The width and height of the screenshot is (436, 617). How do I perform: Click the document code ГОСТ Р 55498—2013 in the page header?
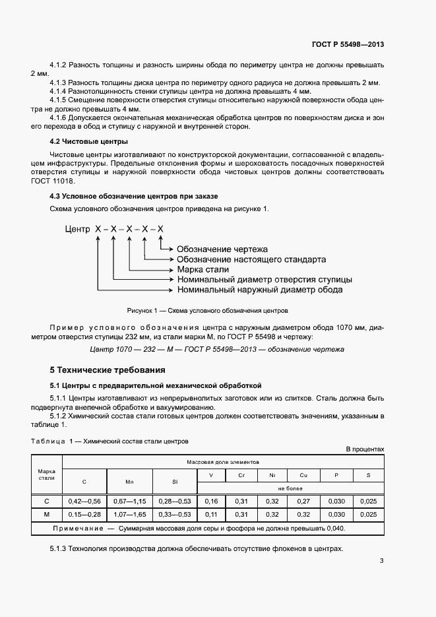tap(348, 45)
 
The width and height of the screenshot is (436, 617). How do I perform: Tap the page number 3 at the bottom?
tap(381, 562)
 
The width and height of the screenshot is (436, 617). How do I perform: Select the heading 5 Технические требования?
tap(108, 370)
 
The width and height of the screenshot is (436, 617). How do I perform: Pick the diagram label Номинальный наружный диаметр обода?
tap(260, 290)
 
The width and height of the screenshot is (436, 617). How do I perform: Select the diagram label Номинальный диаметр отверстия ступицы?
tap(264, 280)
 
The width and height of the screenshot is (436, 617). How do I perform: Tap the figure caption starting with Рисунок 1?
tap(207, 310)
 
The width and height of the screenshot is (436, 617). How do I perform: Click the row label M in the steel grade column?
tap(46, 515)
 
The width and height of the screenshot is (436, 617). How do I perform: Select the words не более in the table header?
tap(290, 488)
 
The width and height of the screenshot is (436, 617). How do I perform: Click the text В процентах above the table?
tap(365, 449)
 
